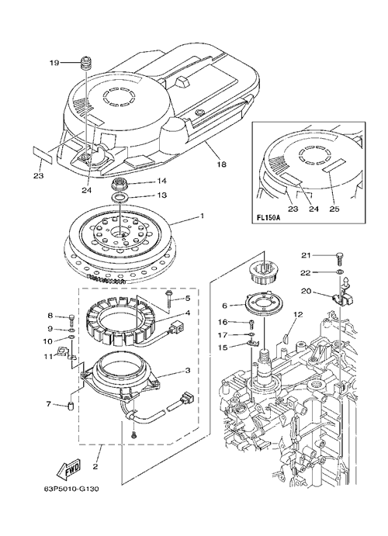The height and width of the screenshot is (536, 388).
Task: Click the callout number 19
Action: pos(54,63)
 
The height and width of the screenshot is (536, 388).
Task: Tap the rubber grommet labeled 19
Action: pos(85,64)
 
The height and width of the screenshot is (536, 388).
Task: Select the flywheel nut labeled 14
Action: pos(119,185)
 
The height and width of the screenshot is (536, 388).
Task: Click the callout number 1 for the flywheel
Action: pos(202,216)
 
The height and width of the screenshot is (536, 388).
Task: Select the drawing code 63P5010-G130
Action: pos(72,489)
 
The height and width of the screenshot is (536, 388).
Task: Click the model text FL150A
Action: pos(266,218)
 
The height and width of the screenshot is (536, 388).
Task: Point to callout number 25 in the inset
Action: pos(334,209)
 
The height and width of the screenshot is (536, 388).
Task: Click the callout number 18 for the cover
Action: pos(221,164)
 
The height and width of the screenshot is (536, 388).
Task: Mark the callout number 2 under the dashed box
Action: pos(95,466)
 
